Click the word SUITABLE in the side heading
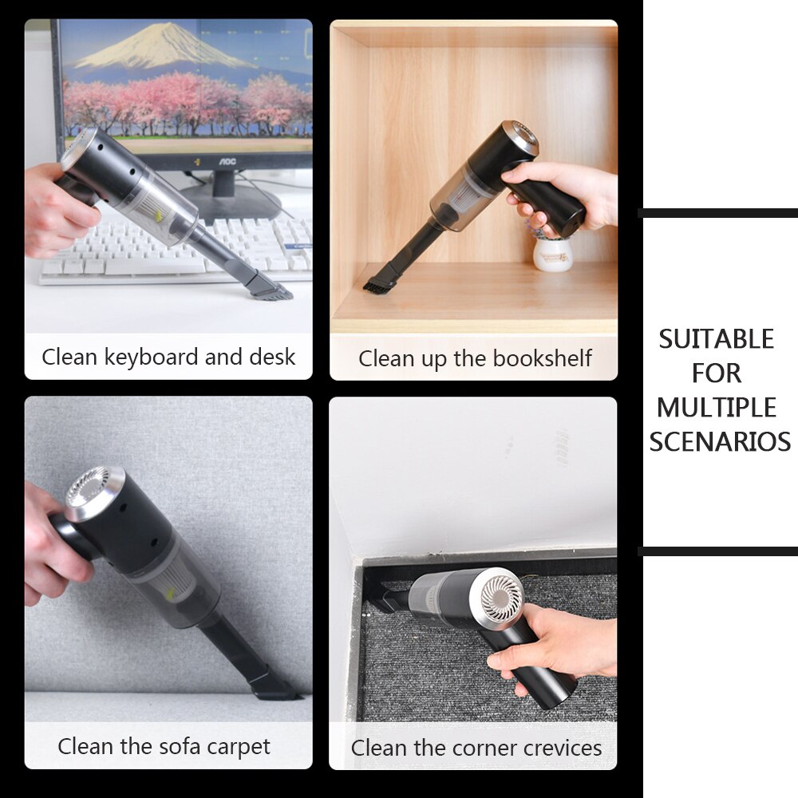click(x=716, y=339)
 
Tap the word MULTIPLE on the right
click(x=716, y=407)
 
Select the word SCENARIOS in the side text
click(x=719, y=441)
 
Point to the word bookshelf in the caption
click(x=542, y=359)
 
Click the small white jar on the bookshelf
click(x=552, y=254)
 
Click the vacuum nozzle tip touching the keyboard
click(x=271, y=290)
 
